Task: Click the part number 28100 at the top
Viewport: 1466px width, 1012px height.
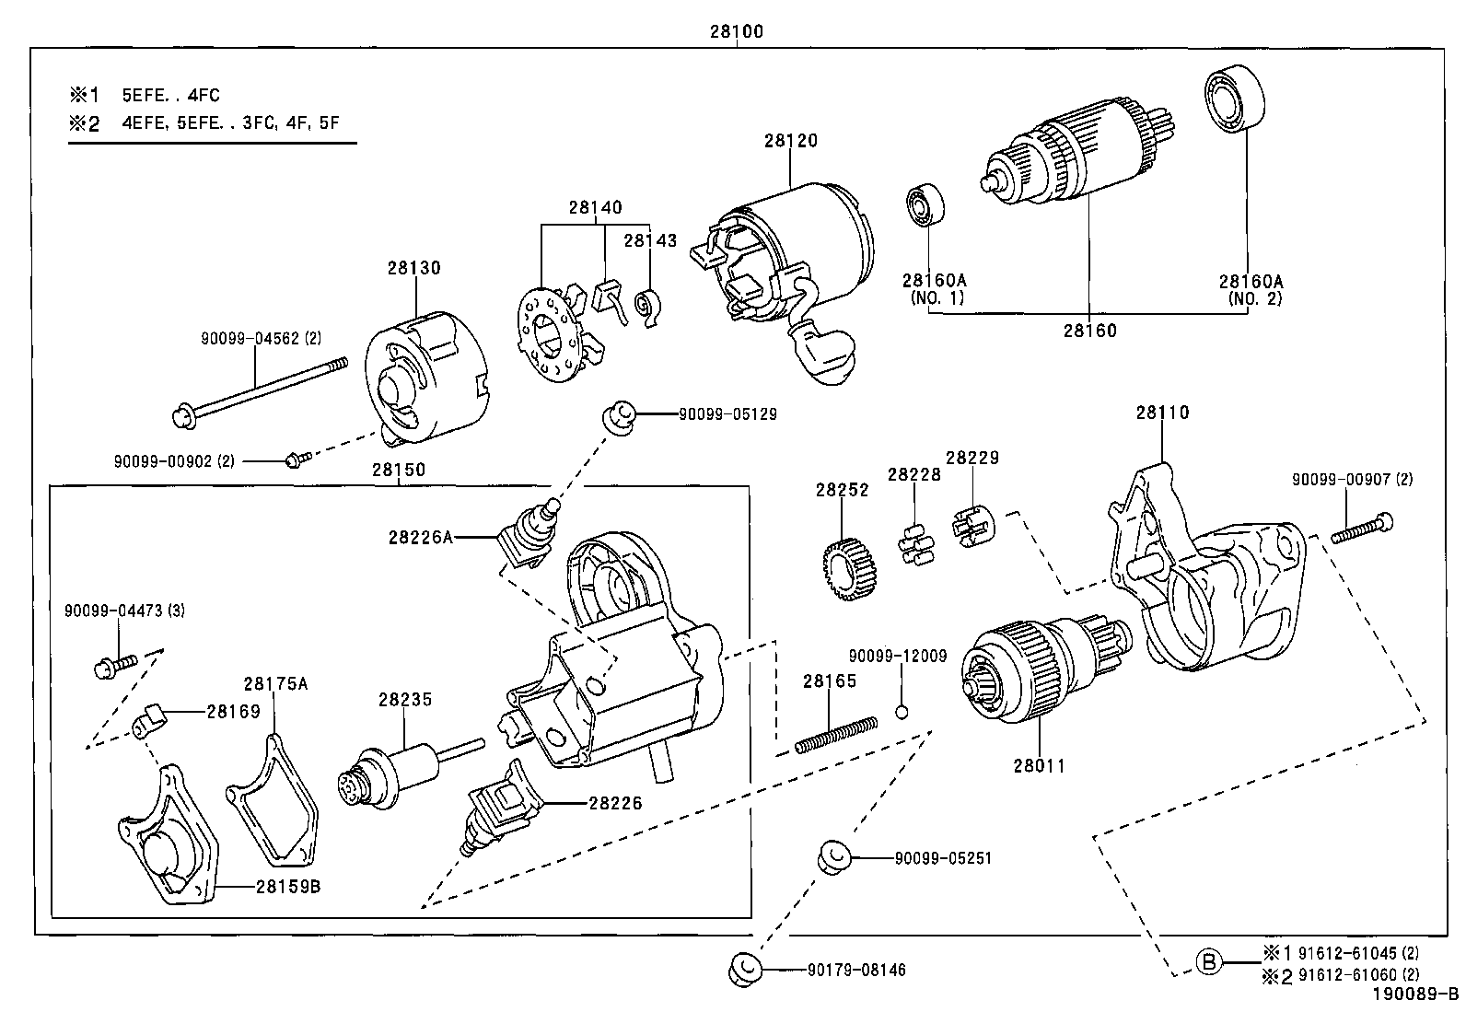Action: click(x=736, y=31)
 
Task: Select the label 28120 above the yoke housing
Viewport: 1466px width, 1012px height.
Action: click(x=790, y=141)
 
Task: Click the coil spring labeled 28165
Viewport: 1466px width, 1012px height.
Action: click(x=835, y=733)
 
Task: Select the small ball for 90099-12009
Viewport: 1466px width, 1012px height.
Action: click(x=903, y=710)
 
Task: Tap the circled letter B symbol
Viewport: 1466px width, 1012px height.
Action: click(x=1209, y=962)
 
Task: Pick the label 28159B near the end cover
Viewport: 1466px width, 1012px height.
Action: click(x=288, y=887)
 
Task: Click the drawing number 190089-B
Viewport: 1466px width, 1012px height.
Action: click(x=1415, y=995)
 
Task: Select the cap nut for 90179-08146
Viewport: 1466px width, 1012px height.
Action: click(x=743, y=968)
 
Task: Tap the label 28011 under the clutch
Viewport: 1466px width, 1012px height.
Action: click(x=1041, y=765)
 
